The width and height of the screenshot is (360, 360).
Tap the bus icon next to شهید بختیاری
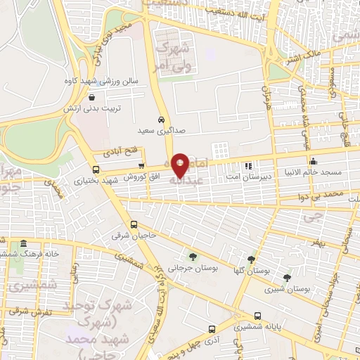pyautogui.click(x=96, y=169)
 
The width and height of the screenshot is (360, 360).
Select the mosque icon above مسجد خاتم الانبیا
pyautogui.click(x=313, y=162)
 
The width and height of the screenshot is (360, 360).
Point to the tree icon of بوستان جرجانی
pyautogui.click(x=193, y=256)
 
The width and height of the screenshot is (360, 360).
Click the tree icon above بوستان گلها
pyautogui.click(x=251, y=259)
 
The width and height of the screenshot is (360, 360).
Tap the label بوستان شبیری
pyautogui.click(x=289, y=288)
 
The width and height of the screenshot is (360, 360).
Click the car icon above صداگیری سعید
pyautogui.click(x=162, y=120)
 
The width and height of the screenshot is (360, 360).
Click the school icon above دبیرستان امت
pyautogui.click(x=247, y=167)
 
